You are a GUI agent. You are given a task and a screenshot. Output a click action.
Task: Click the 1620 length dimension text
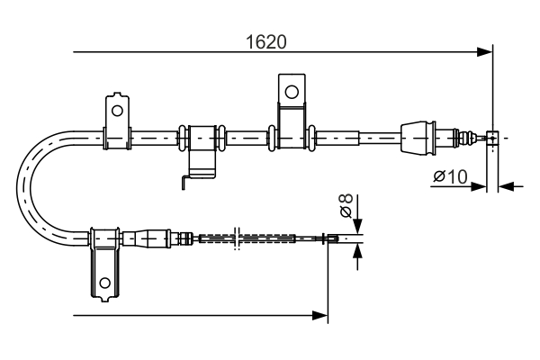pos(272,41)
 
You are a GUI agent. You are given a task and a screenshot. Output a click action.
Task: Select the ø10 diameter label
pos(450,177)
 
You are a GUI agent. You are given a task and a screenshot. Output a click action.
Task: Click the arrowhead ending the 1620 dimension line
pos(487,52)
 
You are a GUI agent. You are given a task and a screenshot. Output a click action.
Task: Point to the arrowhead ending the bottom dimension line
pos(321,315)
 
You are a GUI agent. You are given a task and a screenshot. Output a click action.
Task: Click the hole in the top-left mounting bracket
pos(115,110)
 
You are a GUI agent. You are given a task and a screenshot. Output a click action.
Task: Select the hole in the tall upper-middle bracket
pos(291,91)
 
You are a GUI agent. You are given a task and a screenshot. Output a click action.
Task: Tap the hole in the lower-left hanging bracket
pos(105,283)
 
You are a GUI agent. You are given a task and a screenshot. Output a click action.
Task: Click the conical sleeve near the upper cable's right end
pos(417,138)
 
